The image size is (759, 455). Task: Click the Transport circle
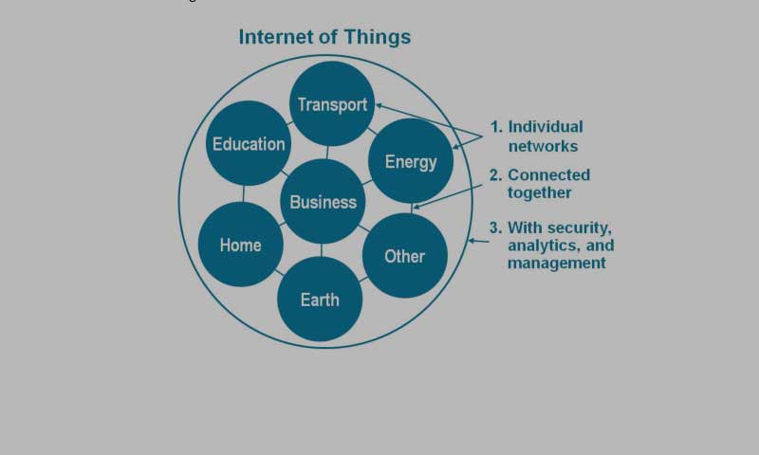point(332,104)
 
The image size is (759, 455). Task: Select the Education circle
point(249,143)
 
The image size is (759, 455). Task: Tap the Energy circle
point(411,160)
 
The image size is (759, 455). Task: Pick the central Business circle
point(323,201)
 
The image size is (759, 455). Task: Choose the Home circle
point(241,245)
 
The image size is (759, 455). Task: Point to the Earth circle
point(320,299)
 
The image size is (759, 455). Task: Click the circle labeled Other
point(405,255)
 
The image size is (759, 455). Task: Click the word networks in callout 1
point(543,146)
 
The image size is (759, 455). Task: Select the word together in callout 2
point(539,193)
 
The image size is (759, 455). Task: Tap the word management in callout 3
point(557,264)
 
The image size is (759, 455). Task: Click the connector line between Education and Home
point(243,194)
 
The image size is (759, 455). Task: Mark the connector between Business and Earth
point(321,250)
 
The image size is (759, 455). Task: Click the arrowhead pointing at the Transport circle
point(379,105)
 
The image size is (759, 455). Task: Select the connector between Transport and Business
point(327,153)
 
